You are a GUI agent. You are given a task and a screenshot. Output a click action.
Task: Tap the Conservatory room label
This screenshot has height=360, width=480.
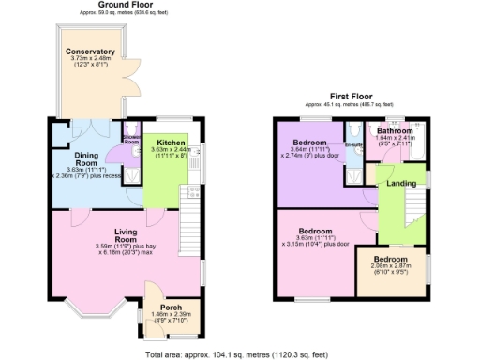90,52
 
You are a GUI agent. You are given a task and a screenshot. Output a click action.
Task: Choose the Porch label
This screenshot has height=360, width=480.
171,307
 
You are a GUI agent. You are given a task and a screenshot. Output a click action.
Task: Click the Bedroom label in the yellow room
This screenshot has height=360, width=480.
390,259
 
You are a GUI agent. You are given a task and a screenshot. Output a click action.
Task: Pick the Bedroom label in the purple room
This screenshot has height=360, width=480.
308,142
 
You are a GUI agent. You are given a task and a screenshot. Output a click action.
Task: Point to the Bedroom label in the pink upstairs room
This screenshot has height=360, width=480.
316,231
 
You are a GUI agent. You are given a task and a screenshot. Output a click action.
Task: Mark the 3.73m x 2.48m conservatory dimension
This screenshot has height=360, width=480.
90,60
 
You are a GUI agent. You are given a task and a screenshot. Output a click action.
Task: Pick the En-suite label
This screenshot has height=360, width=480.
353,145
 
